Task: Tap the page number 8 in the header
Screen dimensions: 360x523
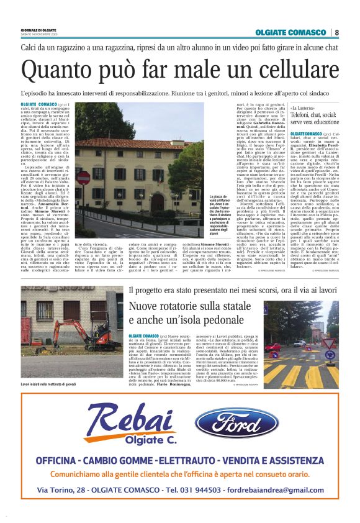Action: pyautogui.click(x=336, y=32)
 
